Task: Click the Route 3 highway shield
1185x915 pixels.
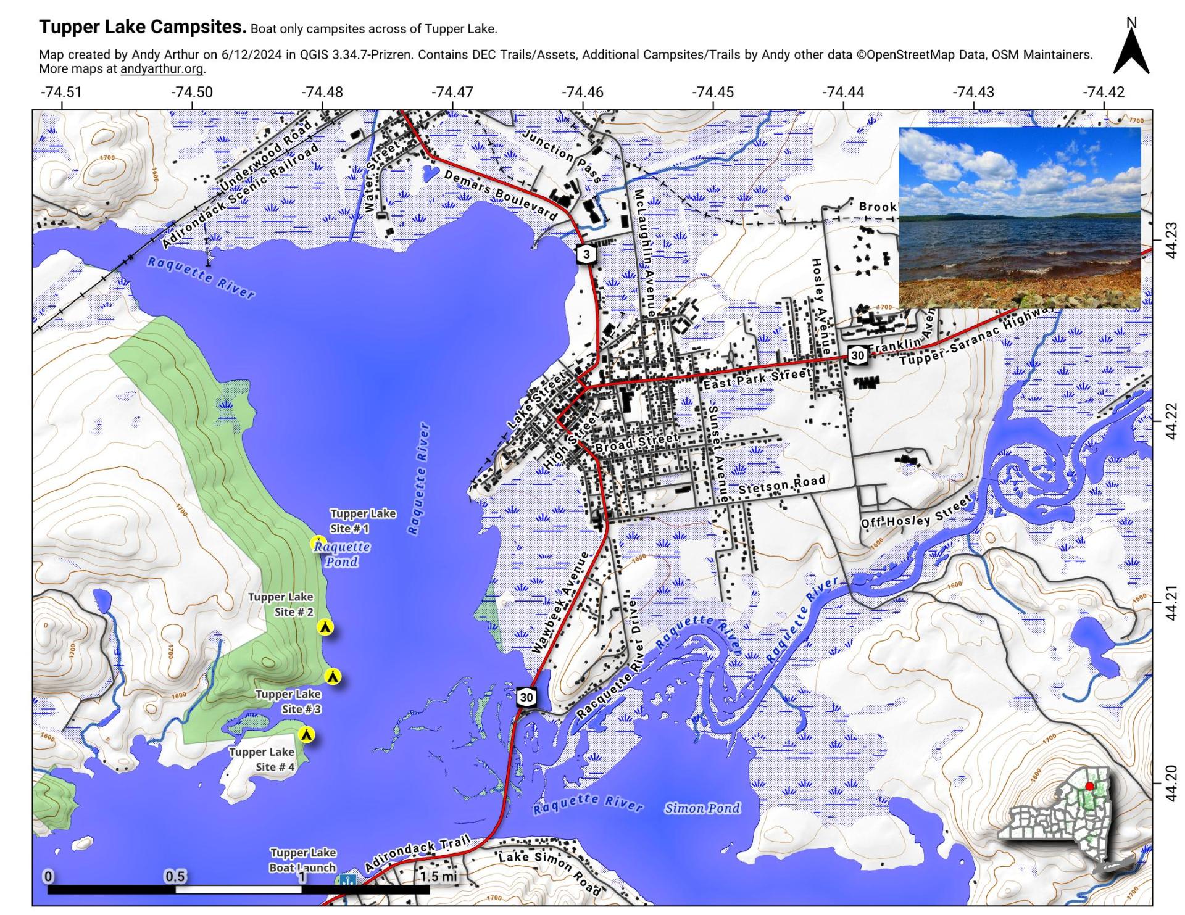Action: pos(586,254)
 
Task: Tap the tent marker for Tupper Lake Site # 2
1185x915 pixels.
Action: pos(325,627)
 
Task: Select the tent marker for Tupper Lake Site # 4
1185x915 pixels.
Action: pos(306,734)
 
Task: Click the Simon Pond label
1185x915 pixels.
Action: pos(702,808)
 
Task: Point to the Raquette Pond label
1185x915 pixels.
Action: pos(342,554)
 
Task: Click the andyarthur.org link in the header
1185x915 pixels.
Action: pos(161,69)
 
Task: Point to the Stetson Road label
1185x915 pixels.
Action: pos(781,486)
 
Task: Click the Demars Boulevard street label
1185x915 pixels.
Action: pos(501,195)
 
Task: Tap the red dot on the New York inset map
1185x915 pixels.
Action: pos(1089,786)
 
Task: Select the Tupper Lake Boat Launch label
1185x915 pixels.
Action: pos(302,860)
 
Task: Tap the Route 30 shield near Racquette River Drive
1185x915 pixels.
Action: pos(526,697)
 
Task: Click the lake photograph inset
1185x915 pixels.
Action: pos(1019,217)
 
